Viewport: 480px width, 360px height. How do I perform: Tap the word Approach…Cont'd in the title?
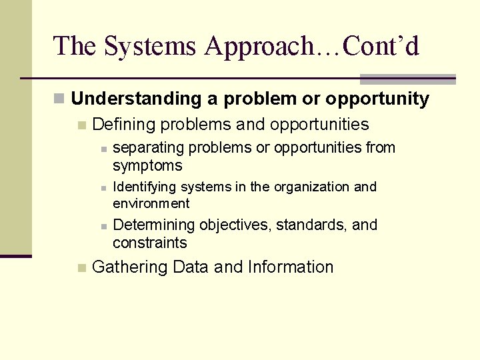click(x=312, y=46)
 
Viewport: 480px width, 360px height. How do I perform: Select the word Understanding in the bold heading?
click(x=136, y=99)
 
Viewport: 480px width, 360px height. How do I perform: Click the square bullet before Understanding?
click(x=59, y=99)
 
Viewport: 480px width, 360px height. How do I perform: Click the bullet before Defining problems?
click(x=81, y=125)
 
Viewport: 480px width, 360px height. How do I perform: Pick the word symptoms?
click(x=147, y=165)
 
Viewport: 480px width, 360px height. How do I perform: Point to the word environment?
click(x=151, y=203)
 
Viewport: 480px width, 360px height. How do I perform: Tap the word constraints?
click(x=150, y=243)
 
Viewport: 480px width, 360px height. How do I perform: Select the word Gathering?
click(x=130, y=267)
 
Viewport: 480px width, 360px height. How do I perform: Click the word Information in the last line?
click(x=290, y=267)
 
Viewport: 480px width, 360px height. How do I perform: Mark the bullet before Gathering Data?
click(x=81, y=268)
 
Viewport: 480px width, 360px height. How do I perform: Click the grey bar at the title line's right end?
click(x=407, y=79)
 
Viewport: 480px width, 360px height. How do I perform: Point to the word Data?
click(x=191, y=267)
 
